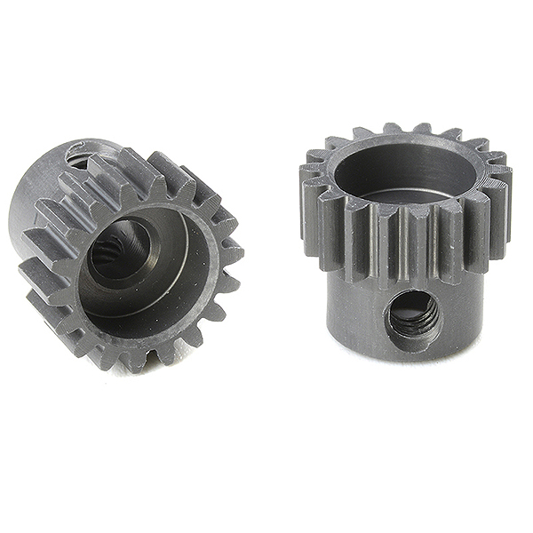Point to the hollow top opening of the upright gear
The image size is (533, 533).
(407, 171)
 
